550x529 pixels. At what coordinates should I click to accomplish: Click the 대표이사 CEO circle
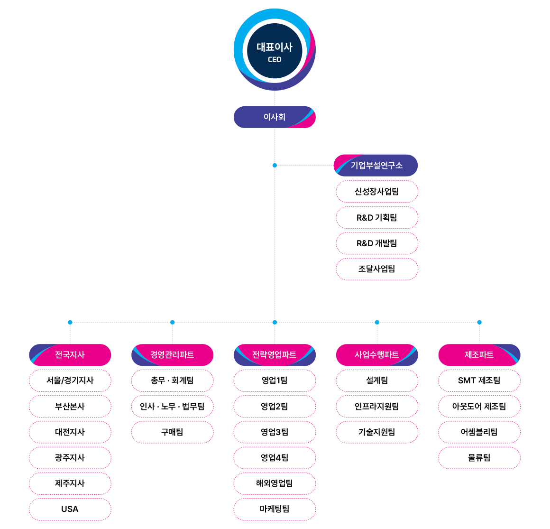click(275, 49)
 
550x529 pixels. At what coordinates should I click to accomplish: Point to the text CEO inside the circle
click(275, 60)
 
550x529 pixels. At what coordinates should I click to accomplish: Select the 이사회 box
click(275, 117)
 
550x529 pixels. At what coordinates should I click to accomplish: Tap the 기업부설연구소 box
click(376, 166)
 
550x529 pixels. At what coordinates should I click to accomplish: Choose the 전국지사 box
click(70, 355)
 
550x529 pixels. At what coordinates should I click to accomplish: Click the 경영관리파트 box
click(172, 355)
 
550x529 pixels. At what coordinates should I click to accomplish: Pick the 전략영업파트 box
click(275, 355)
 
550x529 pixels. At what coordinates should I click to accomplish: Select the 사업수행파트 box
click(377, 355)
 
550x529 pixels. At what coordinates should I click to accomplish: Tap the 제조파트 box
click(479, 355)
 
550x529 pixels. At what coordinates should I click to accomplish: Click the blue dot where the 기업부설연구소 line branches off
click(275, 166)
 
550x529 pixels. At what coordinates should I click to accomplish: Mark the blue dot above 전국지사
click(70, 322)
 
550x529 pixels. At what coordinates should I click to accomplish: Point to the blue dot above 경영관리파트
click(173, 322)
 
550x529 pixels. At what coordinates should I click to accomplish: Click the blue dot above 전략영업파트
click(275, 322)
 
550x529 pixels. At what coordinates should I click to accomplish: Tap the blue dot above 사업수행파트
click(377, 322)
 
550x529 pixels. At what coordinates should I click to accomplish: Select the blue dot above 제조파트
click(479, 322)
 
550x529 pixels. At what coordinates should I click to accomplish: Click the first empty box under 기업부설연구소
click(377, 192)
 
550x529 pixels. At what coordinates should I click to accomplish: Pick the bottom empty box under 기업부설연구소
click(377, 269)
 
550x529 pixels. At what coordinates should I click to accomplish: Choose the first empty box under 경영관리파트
click(172, 381)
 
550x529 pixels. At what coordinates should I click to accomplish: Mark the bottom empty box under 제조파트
click(479, 458)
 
